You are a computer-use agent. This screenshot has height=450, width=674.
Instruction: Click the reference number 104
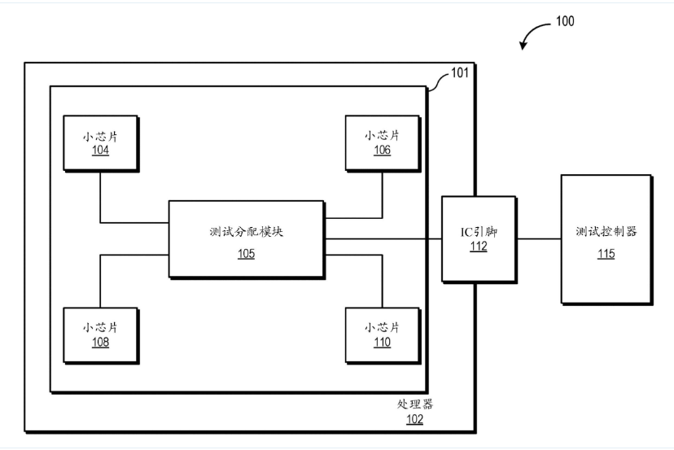click(100, 151)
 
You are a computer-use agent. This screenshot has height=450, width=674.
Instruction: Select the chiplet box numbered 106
click(382, 142)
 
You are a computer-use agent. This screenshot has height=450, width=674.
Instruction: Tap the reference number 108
click(100, 343)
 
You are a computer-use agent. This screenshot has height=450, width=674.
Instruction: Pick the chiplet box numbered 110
click(382, 334)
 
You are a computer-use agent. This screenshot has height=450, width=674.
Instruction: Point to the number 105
click(246, 254)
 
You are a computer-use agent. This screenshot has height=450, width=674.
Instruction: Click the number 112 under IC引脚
click(479, 247)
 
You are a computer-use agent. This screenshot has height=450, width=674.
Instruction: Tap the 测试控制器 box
click(606, 239)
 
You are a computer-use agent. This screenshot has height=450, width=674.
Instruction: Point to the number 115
click(606, 255)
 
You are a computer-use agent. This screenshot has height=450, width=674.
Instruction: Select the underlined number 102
click(415, 420)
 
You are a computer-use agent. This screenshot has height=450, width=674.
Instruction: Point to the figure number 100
click(564, 21)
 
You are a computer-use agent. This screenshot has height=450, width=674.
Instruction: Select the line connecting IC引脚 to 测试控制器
click(538, 238)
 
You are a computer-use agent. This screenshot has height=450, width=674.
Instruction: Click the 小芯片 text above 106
click(382, 134)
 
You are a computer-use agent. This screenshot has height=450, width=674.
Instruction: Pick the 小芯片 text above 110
click(382, 327)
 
